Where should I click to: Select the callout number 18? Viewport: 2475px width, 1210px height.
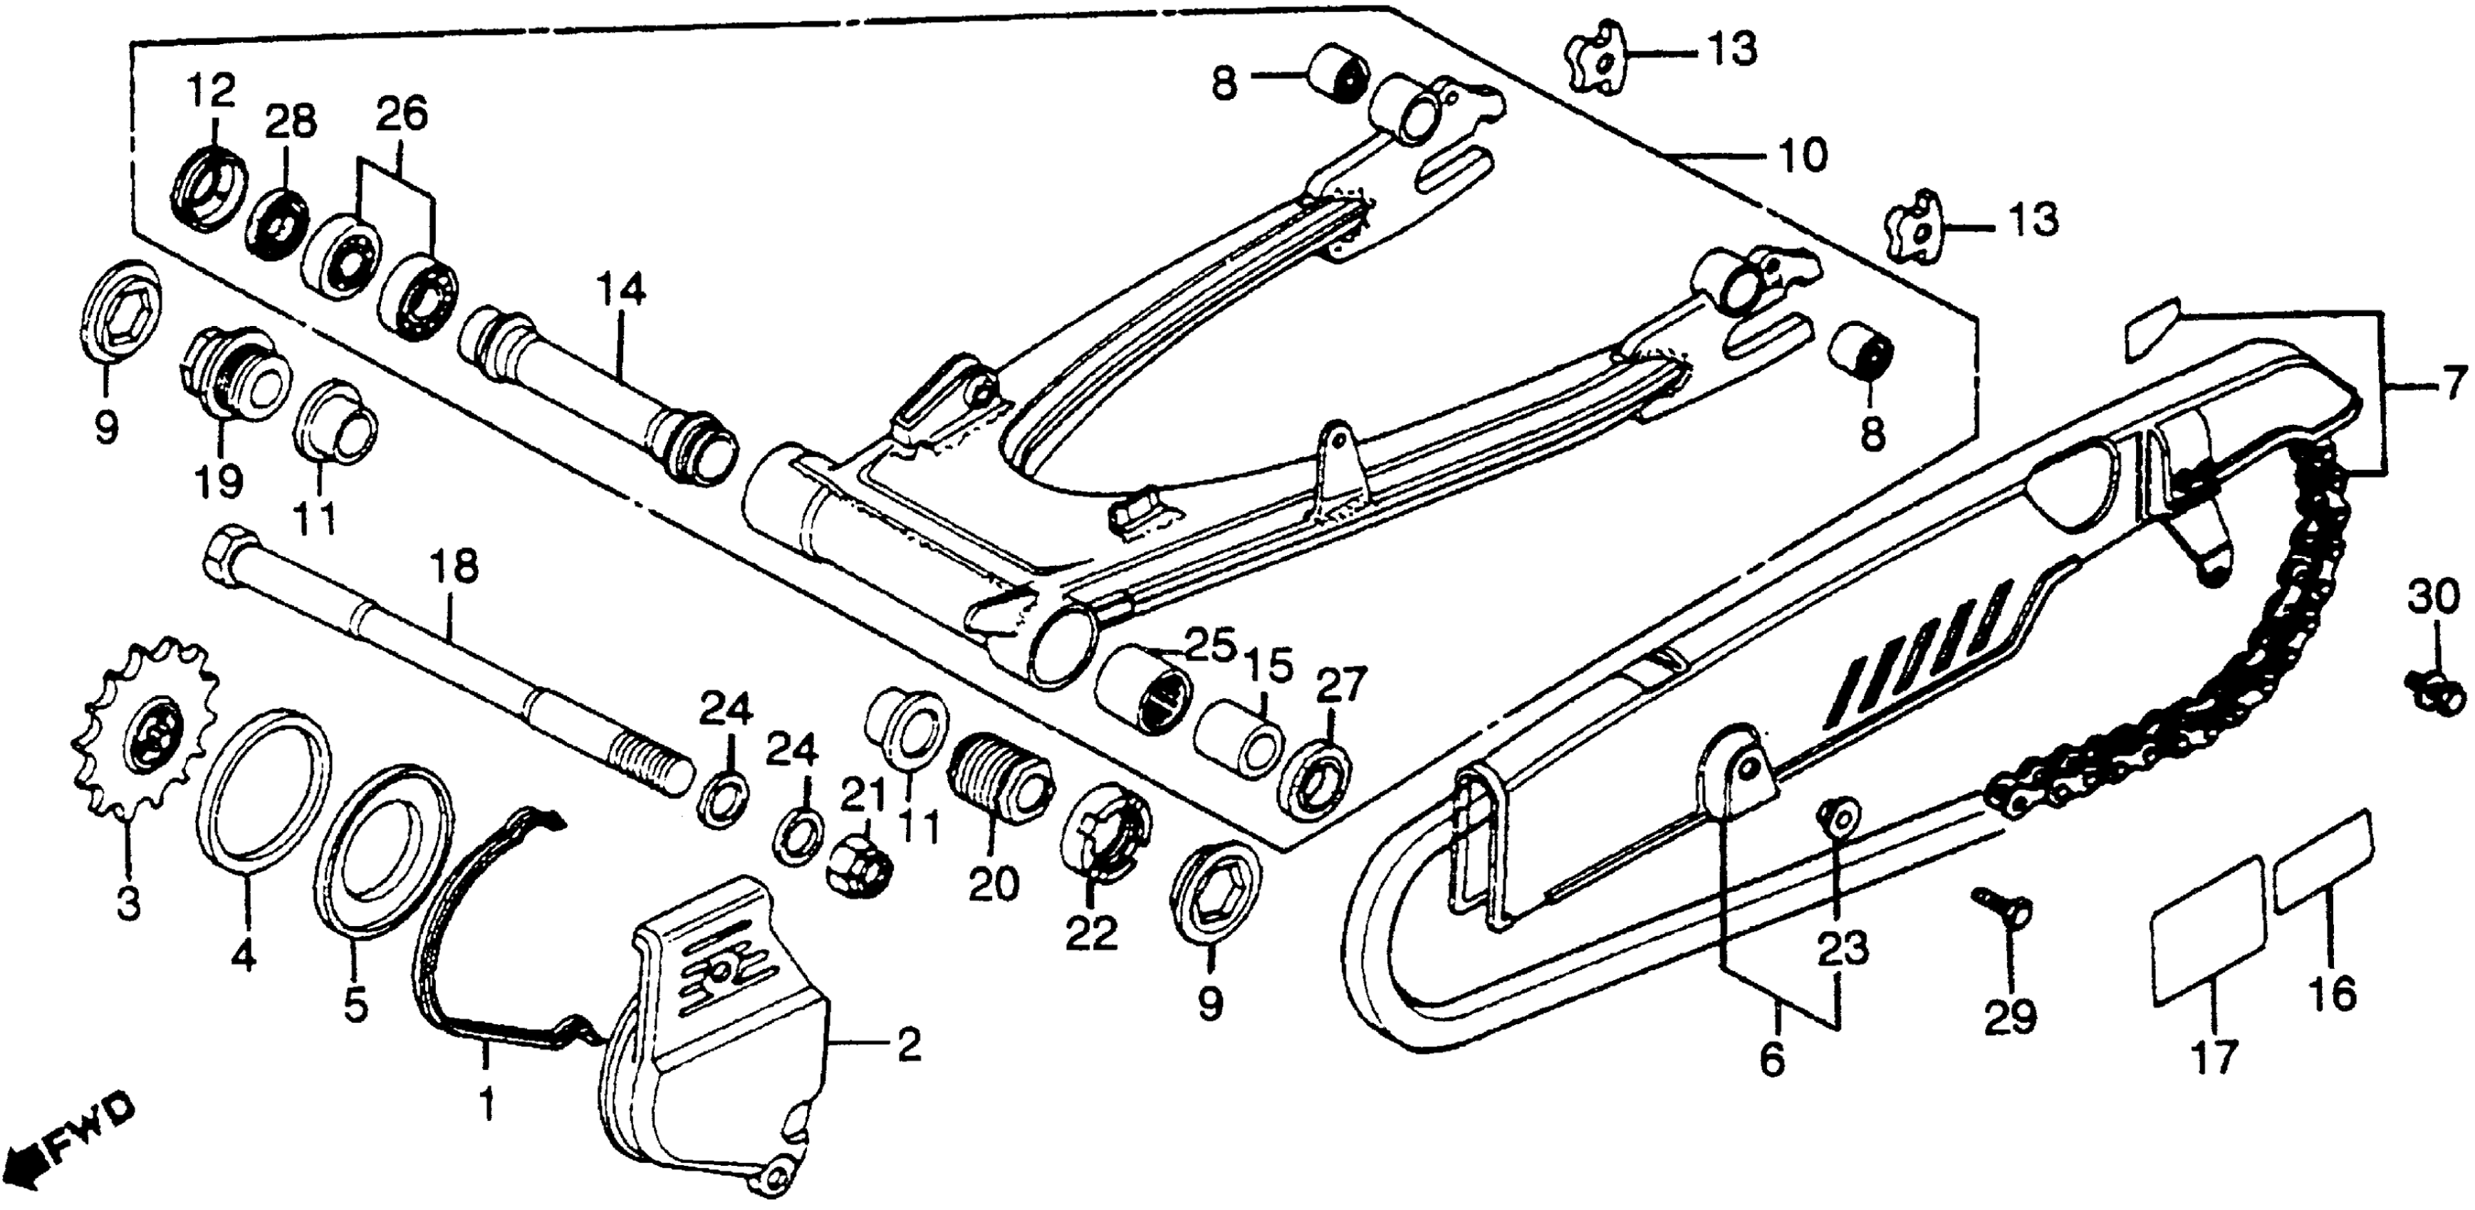click(x=454, y=567)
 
